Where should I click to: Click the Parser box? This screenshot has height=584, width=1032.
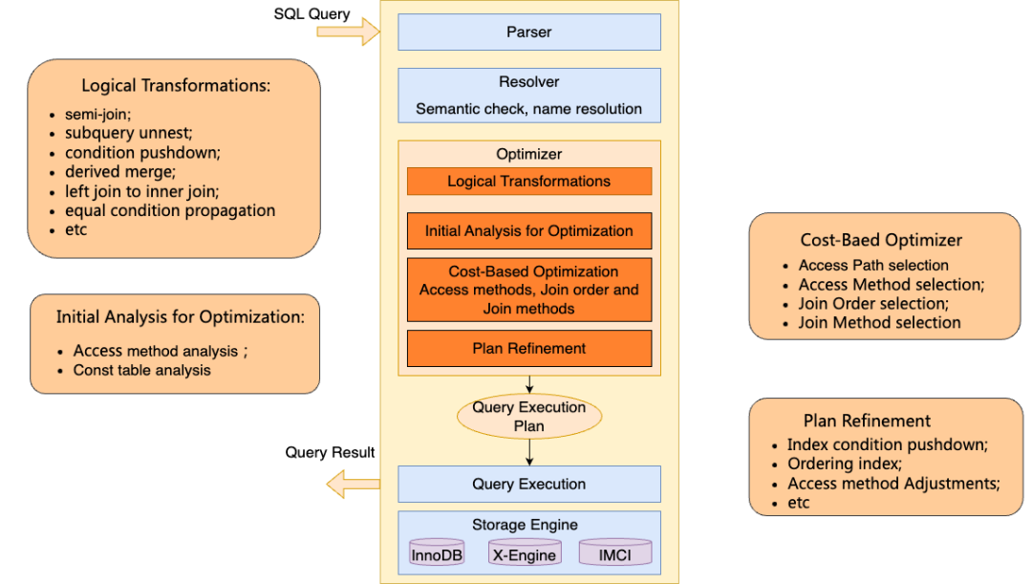click(x=529, y=32)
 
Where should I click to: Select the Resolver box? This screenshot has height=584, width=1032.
click(x=529, y=96)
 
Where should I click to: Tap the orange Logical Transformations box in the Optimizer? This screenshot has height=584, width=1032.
click(x=529, y=181)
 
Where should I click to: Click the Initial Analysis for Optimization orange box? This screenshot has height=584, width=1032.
click(x=529, y=231)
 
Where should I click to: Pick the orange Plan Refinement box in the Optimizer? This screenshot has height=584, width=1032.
click(x=529, y=348)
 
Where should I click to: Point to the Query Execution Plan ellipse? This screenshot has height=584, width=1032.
click(x=529, y=416)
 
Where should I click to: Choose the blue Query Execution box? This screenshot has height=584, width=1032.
click(x=529, y=484)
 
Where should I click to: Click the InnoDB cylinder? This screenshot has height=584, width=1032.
click(x=437, y=552)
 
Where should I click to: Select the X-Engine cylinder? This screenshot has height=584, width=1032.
click(x=525, y=552)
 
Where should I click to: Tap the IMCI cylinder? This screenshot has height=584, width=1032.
click(x=615, y=552)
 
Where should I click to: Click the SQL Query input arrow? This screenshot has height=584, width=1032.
click(x=348, y=32)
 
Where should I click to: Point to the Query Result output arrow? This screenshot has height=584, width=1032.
click(x=354, y=485)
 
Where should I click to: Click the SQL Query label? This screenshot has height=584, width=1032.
click(x=312, y=13)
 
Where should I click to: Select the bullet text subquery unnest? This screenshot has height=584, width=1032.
click(x=128, y=133)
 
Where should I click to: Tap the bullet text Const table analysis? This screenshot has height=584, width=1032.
click(x=141, y=370)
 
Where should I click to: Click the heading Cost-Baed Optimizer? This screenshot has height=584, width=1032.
click(x=881, y=240)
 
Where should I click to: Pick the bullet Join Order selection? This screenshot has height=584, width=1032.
click(x=873, y=304)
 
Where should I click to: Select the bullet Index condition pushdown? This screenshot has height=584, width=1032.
click(x=887, y=445)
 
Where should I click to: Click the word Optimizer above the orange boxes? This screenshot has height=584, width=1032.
click(x=529, y=154)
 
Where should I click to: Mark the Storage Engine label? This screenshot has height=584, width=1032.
click(x=526, y=525)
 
